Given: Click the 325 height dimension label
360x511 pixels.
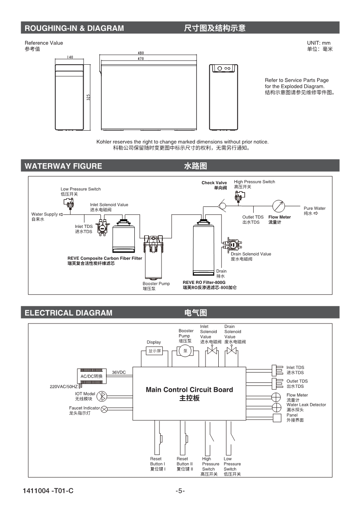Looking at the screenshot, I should click(x=89, y=97).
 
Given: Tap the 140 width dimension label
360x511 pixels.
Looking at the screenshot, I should click(x=70, y=57).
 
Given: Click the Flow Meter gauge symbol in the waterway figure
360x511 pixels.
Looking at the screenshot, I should click(x=279, y=205).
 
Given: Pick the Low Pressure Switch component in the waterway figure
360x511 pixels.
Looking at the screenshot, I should click(x=68, y=202).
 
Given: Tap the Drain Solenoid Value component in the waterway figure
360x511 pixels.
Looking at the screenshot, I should click(x=232, y=244).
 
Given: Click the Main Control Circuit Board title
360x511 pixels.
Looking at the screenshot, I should click(x=189, y=390).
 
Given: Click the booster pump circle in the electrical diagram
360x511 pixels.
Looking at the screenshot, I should click(x=185, y=351).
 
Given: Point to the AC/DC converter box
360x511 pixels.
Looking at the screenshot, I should click(x=92, y=376).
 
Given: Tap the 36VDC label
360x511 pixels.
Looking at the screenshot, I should click(x=119, y=372).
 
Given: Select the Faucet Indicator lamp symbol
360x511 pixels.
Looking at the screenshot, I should click(x=104, y=409).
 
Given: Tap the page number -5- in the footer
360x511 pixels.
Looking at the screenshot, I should click(x=180, y=491).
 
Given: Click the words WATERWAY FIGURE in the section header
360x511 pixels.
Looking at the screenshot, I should click(x=63, y=166).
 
